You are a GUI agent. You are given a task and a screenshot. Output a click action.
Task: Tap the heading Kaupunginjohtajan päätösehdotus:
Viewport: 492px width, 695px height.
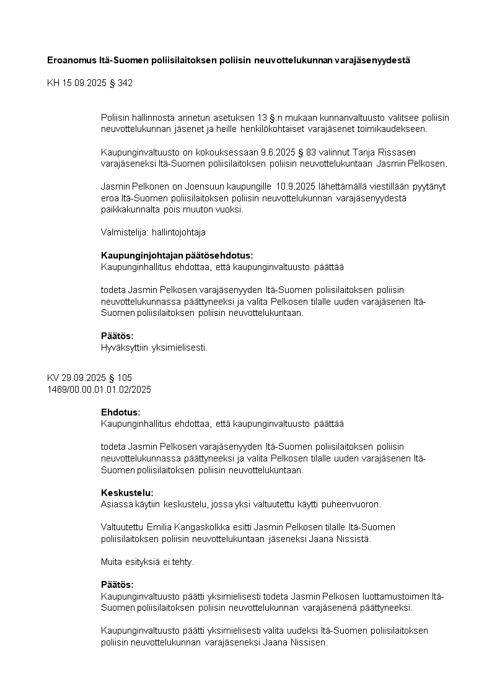(177, 255)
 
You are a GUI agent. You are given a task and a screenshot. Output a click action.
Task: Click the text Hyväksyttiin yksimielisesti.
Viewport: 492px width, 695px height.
(154, 347)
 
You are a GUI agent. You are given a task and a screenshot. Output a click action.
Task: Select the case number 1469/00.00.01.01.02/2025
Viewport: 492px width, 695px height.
(99, 390)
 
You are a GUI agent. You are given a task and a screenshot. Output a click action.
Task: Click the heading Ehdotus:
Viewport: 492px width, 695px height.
(120, 412)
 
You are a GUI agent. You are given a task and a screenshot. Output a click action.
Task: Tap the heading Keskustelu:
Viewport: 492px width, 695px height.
(126, 492)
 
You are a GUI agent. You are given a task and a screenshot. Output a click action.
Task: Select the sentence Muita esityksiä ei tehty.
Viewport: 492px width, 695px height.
(147, 562)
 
